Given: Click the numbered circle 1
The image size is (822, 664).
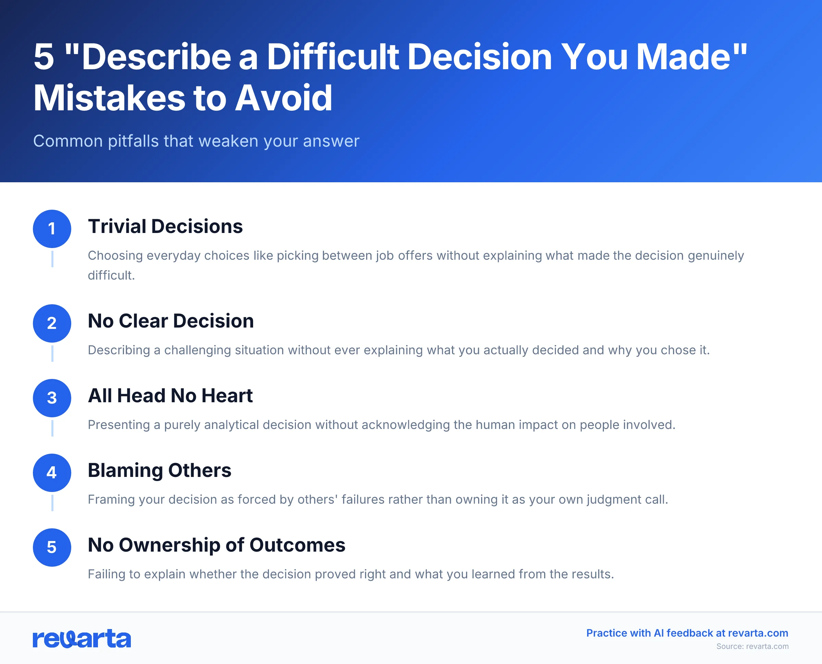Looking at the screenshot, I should [52, 229].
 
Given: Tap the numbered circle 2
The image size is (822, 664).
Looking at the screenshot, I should [52, 323].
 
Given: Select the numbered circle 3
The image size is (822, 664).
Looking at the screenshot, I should [52, 398].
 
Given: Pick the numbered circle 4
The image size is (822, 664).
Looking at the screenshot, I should [52, 472].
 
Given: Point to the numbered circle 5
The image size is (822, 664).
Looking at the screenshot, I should [52, 548].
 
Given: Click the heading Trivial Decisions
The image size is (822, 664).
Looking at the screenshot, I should [165, 226].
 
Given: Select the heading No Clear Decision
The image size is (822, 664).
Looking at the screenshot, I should [171, 321].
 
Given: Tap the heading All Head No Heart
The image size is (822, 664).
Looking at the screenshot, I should [170, 395].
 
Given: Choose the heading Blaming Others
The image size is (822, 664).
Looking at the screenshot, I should [159, 470].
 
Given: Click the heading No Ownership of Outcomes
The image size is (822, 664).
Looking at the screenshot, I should [216, 545].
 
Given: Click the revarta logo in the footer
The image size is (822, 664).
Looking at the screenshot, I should [82, 639].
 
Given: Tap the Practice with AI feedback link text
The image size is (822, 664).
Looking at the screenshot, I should [687, 633].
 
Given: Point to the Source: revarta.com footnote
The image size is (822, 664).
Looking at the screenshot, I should [752, 647].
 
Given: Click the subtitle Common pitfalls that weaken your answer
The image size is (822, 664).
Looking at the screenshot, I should [196, 141].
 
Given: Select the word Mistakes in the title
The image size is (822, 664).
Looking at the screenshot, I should [109, 98].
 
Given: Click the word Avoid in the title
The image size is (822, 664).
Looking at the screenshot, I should [283, 98].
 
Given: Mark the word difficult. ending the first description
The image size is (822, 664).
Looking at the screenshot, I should [111, 275].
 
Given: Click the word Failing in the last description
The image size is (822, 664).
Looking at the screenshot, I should [107, 574].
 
